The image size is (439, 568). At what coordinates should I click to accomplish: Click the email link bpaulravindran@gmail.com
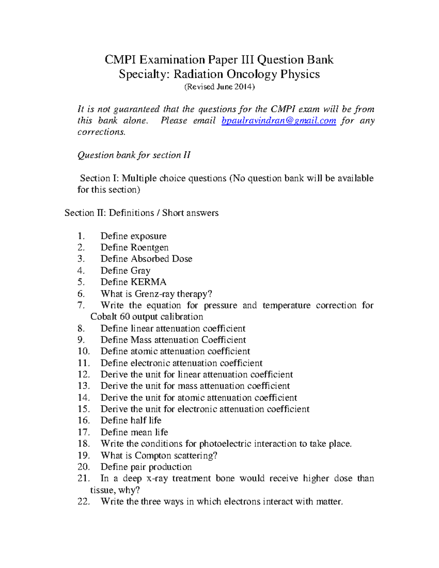click(x=279, y=121)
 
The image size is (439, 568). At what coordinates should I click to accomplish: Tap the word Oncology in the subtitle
click(x=252, y=74)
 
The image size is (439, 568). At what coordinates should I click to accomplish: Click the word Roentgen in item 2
click(x=150, y=248)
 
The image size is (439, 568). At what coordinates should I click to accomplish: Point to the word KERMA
click(x=148, y=282)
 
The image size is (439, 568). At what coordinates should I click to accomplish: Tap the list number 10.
click(x=83, y=351)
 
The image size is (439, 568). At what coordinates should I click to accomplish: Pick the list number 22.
click(x=83, y=501)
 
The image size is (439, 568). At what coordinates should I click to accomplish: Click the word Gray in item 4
click(x=140, y=271)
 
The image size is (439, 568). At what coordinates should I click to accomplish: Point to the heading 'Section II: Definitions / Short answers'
click(x=141, y=213)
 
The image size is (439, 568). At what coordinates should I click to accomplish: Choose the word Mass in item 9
click(x=141, y=340)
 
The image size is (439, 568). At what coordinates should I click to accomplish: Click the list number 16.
click(x=83, y=421)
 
